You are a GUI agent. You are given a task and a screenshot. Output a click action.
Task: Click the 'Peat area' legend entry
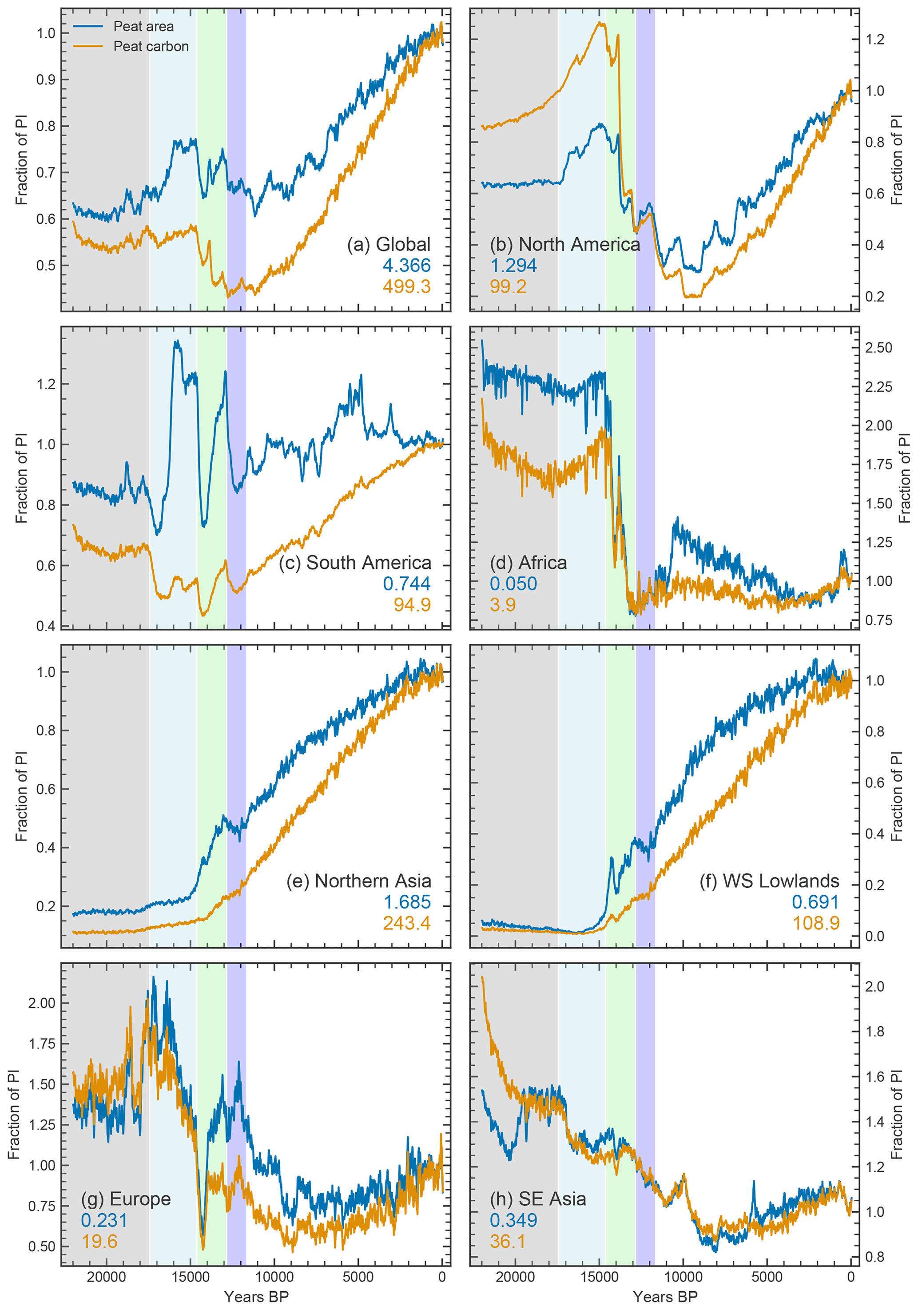click(143, 26)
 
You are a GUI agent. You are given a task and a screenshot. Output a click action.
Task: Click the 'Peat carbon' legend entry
click(151, 46)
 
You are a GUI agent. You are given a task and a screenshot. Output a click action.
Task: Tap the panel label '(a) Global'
click(389, 244)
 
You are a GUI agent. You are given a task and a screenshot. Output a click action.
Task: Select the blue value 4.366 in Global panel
click(406, 265)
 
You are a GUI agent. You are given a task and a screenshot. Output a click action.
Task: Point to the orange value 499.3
click(406, 286)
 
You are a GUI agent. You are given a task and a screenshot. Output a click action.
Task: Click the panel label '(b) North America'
click(565, 244)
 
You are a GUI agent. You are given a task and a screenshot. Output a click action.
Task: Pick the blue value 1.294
click(513, 265)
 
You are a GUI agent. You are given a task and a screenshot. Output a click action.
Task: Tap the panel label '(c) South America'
click(355, 563)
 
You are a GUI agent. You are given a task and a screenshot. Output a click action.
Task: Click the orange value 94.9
click(412, 604)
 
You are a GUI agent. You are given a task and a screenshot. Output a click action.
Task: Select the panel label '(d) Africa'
click(529, 563)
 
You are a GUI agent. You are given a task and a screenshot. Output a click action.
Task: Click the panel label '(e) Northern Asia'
click(358, 881)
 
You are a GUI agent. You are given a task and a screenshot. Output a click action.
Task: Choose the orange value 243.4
click(406, 923)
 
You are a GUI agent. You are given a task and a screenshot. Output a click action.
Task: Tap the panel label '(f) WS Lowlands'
click(769, 881)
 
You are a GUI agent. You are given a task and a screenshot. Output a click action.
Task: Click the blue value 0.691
click(815, 902)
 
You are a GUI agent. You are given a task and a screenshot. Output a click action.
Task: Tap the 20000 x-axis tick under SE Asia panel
click(515, 1276)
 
